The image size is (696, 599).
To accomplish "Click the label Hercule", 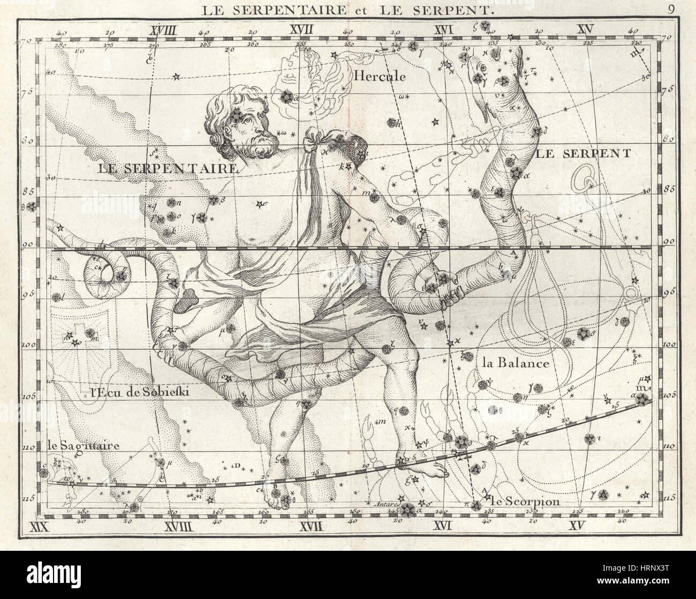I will tap(380, 76).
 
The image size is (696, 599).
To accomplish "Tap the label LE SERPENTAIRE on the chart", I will tap(168, 168).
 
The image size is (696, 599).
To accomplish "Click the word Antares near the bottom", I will tap(381, 504).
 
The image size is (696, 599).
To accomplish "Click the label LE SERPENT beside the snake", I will tap(583, 154).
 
